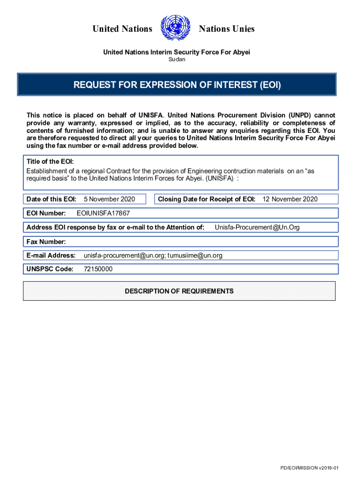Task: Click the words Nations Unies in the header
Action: (226, 29)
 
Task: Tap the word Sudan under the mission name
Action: (177, 59)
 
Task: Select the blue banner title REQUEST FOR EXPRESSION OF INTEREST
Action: (177, 85)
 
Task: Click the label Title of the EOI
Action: (49, 162)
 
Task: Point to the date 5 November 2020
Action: (109, 199)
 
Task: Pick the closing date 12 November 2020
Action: (290, 199)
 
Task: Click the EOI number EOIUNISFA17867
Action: (103, 213)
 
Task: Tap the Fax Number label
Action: (46, 242)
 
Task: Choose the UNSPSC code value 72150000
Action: (98, 269)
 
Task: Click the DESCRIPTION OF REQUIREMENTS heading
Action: (179, 291)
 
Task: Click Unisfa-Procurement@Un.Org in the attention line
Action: (257, 227)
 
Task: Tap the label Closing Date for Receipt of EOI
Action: (206, 199)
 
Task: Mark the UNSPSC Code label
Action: (50, 269)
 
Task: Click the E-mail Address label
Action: (51, 255)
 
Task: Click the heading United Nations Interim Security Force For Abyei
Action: (177, 52)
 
